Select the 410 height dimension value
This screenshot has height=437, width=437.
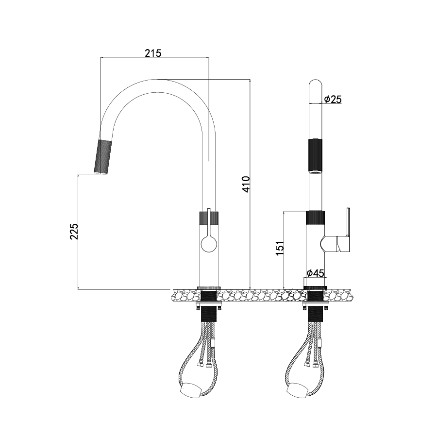(246, 184)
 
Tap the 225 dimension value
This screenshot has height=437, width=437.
(74, 231)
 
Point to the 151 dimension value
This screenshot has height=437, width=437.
(280, 248)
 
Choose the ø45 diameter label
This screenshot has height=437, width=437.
(316, 273)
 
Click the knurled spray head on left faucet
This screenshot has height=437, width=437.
(102, 157)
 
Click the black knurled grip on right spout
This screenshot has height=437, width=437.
(315, 155)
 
